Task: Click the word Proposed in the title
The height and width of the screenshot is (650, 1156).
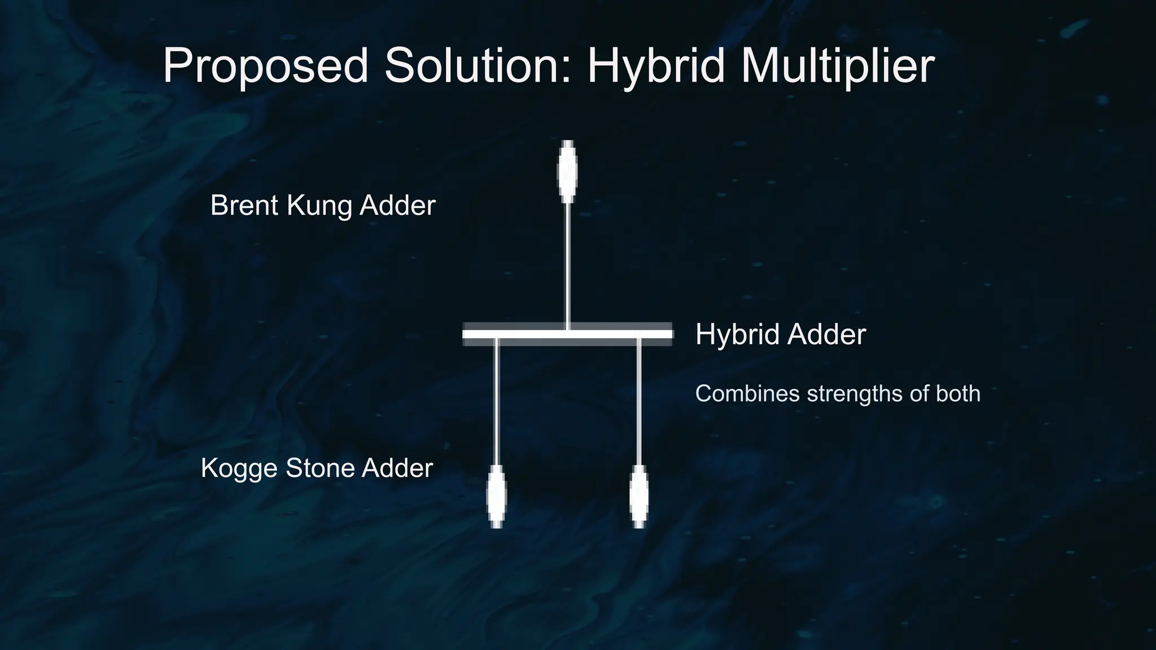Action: tap(265, 67)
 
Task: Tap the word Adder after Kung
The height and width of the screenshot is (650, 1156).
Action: tap(397, 205)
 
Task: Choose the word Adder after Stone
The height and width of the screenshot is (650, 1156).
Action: tap(397, 468)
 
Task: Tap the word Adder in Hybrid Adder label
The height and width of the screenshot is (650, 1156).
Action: tap(827, 334)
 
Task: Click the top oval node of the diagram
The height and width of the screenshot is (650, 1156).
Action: tap(567, 171)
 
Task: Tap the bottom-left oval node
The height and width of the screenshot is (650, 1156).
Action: tap(497, 497)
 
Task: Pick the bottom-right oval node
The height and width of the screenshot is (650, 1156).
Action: tap(639, 497)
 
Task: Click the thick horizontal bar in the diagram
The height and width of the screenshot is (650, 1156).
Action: tap(567, 334)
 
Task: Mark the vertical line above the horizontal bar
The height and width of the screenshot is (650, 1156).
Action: tap(568, 265)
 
